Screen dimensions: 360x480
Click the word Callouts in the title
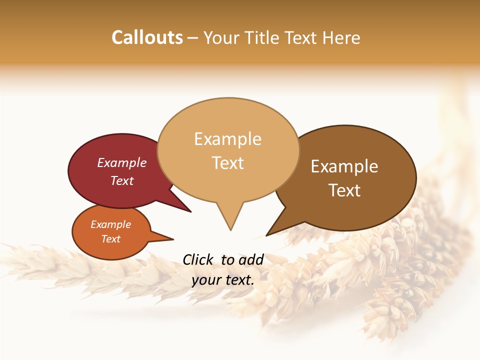tap(147, 37)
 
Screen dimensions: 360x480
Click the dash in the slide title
tap(192, 38)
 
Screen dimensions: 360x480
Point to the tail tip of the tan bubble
tap(230, 229)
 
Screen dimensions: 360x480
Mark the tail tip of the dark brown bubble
tap(267, 234)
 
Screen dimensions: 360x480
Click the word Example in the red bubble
tap(121, 162)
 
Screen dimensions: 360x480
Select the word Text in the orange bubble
tap(110, 239)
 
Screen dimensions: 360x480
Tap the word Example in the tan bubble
tap(227, 139)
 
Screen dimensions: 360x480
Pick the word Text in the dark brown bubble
tap(344, 190)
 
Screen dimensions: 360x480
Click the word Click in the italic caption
tap(197, 259)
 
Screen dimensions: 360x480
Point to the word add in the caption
tap(250, 259)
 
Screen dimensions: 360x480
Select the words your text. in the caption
tap(223, 280)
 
